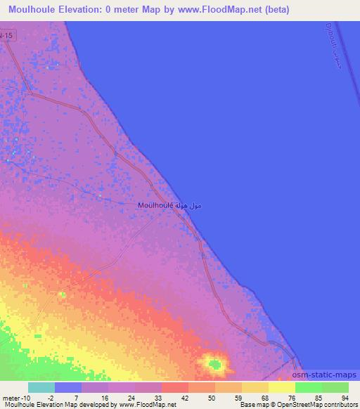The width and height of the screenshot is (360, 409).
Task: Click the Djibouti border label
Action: pos(340,53)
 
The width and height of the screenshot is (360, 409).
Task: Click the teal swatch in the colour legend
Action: pos(41,387)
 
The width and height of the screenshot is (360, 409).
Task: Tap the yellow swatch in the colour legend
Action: pos(282,387)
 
